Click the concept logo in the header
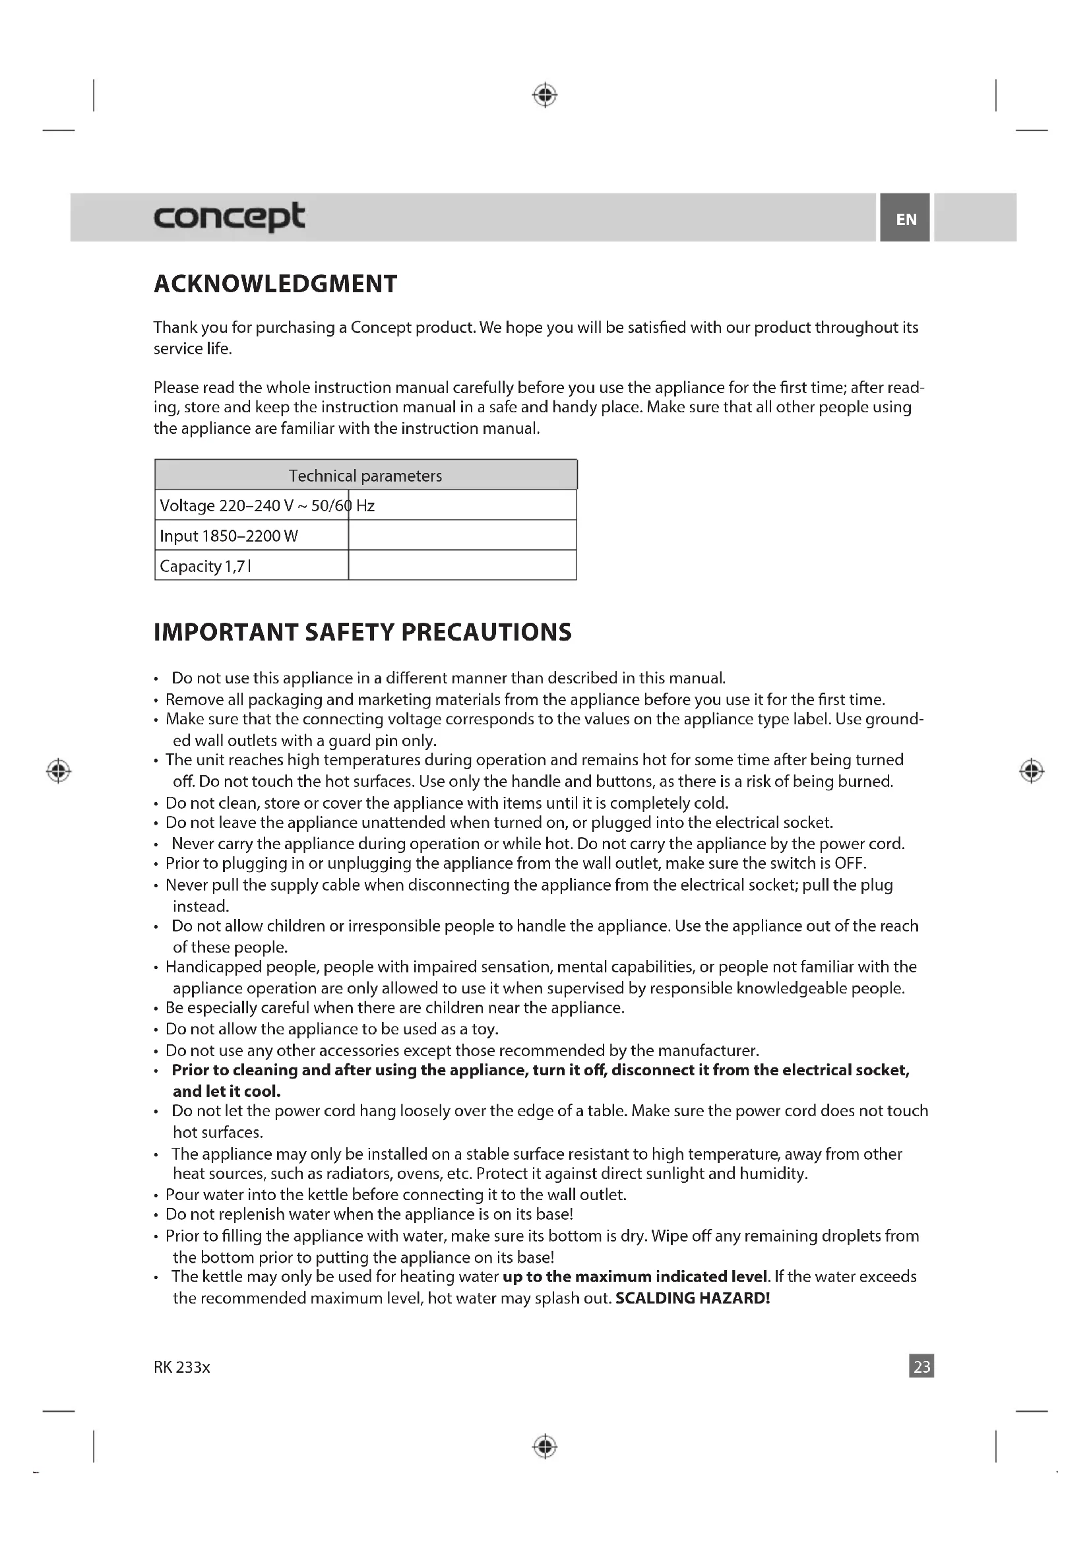[x=229, y=217]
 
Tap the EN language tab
[x=906, y=218]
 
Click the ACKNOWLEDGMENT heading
[x=276, y=284]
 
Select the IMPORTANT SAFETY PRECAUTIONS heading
[x=363, y=633]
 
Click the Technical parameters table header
[x=365, y=476]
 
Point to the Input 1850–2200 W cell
[x=229, y=536]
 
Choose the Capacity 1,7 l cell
[x=206, y=566]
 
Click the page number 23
[x=921, y=1366]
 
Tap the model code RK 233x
[x=182, y=1367]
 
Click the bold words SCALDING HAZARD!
[x=692, y=1298]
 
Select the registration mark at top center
[x=545, y=96]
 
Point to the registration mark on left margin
[x=59, y=770]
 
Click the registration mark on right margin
[x=1031, y=770]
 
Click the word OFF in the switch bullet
[x=849, y=864]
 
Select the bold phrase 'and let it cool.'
[x=226, y=1091]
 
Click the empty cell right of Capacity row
[x=462, y=565]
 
